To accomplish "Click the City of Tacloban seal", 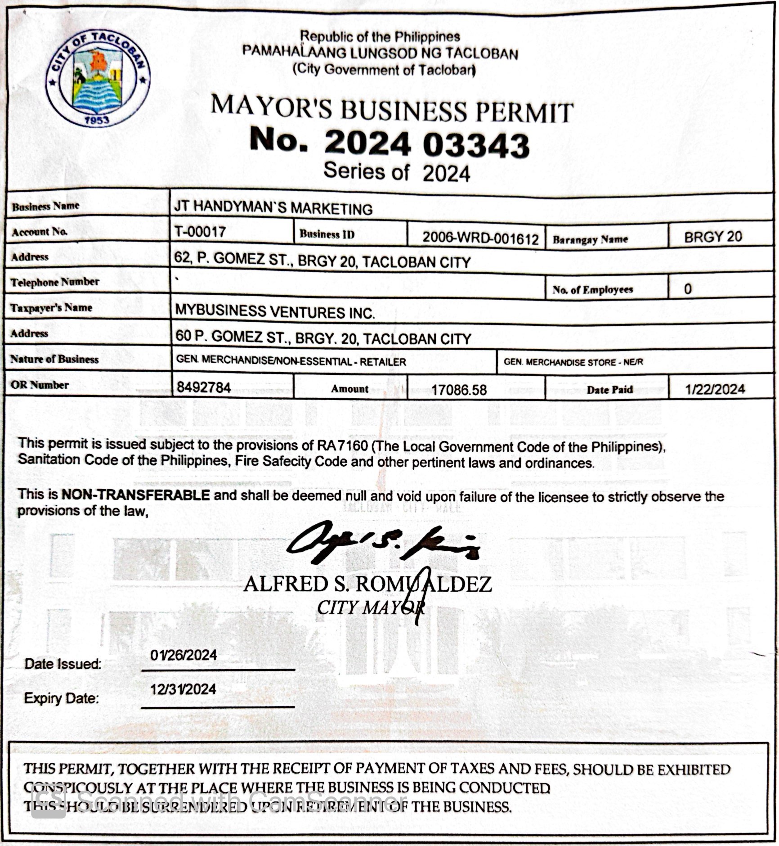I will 98,79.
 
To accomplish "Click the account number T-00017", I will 200,232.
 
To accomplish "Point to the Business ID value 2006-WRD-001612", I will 480,238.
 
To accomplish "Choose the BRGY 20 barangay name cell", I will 713,237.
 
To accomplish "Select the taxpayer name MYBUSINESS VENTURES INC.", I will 274,311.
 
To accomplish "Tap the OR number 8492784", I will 203,387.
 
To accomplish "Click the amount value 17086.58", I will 459,390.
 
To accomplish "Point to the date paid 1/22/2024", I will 715,389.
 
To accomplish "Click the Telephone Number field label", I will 55,282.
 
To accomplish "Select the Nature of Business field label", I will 54,359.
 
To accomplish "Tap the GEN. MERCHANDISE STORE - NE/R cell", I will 573,362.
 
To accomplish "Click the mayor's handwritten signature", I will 382,544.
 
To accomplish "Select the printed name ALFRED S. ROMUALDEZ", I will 367,585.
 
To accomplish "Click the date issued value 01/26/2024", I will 184,655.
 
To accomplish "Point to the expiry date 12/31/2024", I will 183,689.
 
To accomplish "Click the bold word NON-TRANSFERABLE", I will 135,495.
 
